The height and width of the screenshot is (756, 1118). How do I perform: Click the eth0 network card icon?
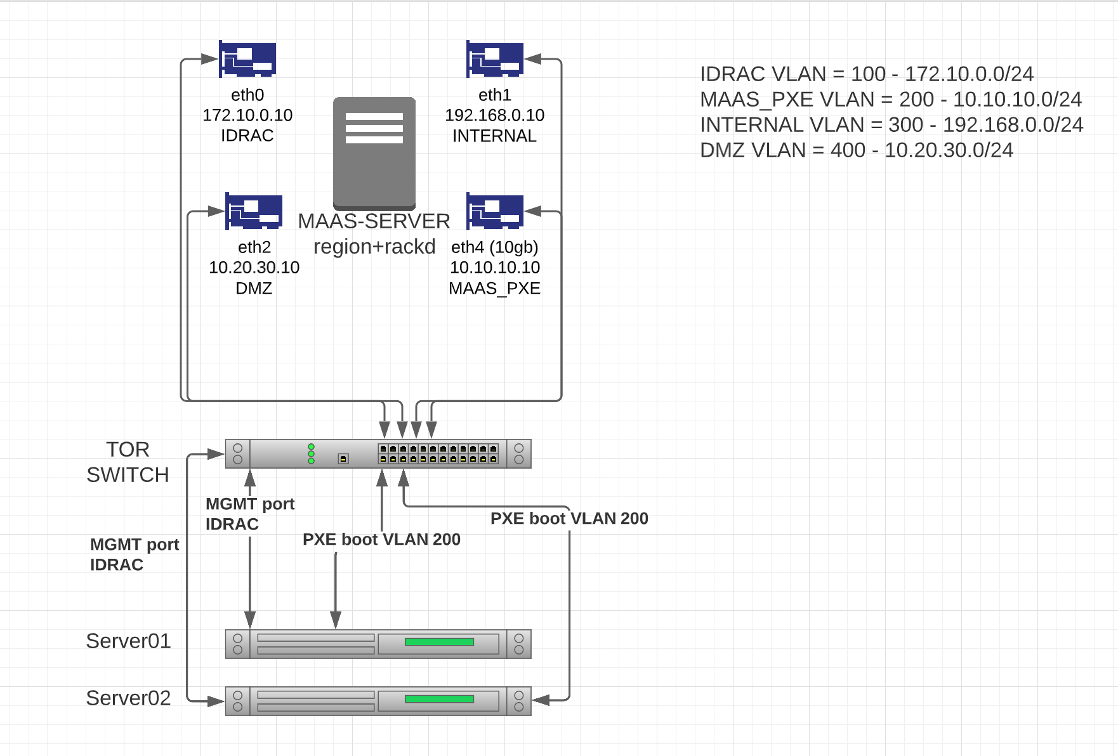pyautogui.click(x=247, y=59)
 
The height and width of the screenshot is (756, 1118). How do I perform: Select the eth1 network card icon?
pyautogui.click(x=495, y=59)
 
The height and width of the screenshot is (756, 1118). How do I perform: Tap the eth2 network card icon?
pyautogui.click(x=254, y=211)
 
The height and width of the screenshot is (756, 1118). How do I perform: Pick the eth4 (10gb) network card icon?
pyautogui.click(x=495, y=211)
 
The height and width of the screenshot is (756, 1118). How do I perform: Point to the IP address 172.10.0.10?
pyautogui.click(x=247, y=115)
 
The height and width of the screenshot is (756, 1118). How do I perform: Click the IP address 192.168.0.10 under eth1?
pyautogui.click(x=495, y=115)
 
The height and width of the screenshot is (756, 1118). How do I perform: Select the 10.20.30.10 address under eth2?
pyautogui.click(x=254, y=267)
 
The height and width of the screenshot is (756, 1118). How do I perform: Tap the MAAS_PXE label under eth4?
pyautogui.click(x=495, y=288)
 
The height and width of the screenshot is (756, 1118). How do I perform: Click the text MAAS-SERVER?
pyautogui.click(x=374, y=221)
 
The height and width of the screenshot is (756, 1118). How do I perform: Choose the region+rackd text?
pyautogui.click(x=374, y=246)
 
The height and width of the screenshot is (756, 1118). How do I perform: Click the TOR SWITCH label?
pyautogui.click(x=128, y=462)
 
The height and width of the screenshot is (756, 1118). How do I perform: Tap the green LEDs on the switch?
pyautogui.click(x=311, y=453)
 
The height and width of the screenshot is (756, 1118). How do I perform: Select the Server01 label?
pyautogui.click(x=128, y=641)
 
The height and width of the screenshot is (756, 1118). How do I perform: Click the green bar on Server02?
pyautogui.click(x=439, y=699)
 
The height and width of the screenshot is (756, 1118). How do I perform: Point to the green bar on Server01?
pyautogui.click(x=439, y=642)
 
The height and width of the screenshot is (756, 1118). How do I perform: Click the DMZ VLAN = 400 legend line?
pyautogui.click(x=857, y=150)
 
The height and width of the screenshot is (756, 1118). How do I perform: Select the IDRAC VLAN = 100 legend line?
pyautogui.click(x=867, y=74)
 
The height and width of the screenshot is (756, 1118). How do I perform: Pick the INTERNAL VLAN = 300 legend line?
pyautogui.click(x=891, y=125)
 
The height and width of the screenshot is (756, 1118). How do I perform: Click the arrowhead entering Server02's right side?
pyautogui.click(x=540, y=700)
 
